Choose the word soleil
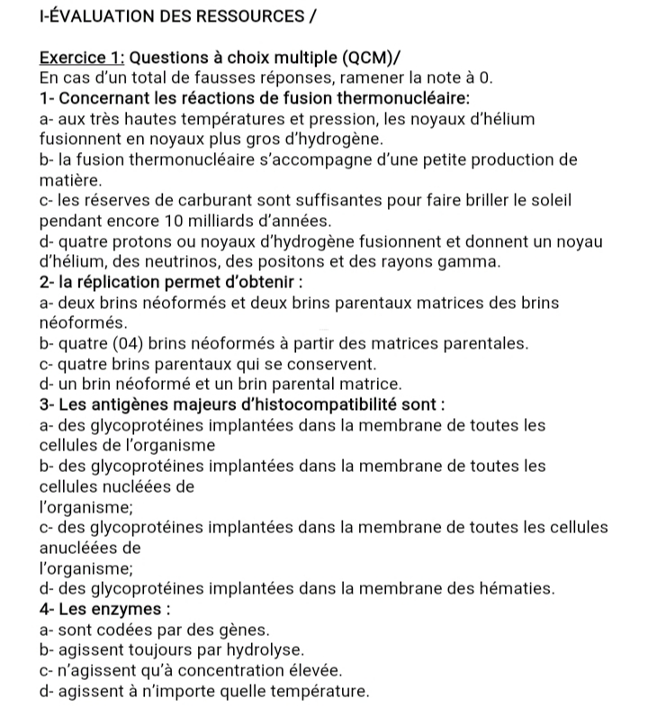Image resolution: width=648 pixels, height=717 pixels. tap(549, 201)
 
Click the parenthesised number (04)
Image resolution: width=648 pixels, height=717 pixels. tap(123, 343)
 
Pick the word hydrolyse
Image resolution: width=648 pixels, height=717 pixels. tap(270, 649)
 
